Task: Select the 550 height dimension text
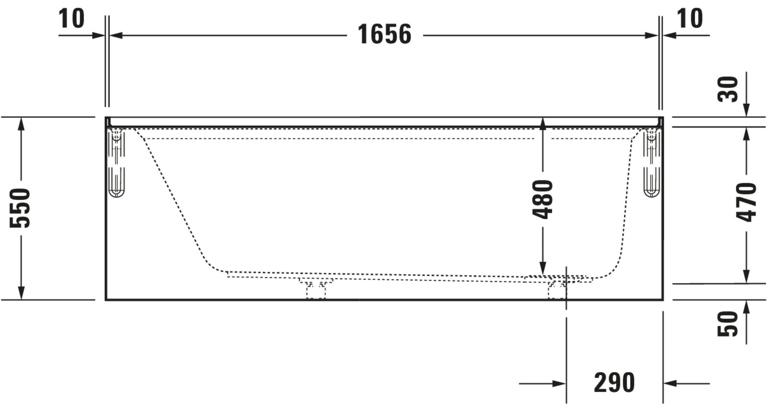[20, 208]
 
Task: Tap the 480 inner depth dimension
[542, 199]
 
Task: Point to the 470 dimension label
[746, 203]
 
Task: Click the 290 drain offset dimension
[614, 382]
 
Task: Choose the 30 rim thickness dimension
[727, 89]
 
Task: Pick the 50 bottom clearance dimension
[727, 324]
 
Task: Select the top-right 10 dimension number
[690, 18]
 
